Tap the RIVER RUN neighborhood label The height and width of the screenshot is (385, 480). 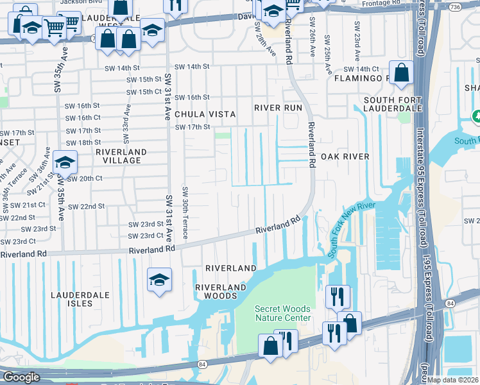click(277, 108)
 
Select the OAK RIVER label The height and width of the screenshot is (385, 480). click(345, 157)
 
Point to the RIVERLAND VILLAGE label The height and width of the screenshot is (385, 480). click(121, 157)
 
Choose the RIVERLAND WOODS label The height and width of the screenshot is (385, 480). click(221, 292)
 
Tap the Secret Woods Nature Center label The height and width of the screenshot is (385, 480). click(283, 313)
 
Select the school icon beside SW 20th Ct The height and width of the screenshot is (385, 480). click(65, 162)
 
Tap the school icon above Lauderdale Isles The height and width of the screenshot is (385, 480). click(159, 280)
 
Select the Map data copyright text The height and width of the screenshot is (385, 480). click(453, 380)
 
